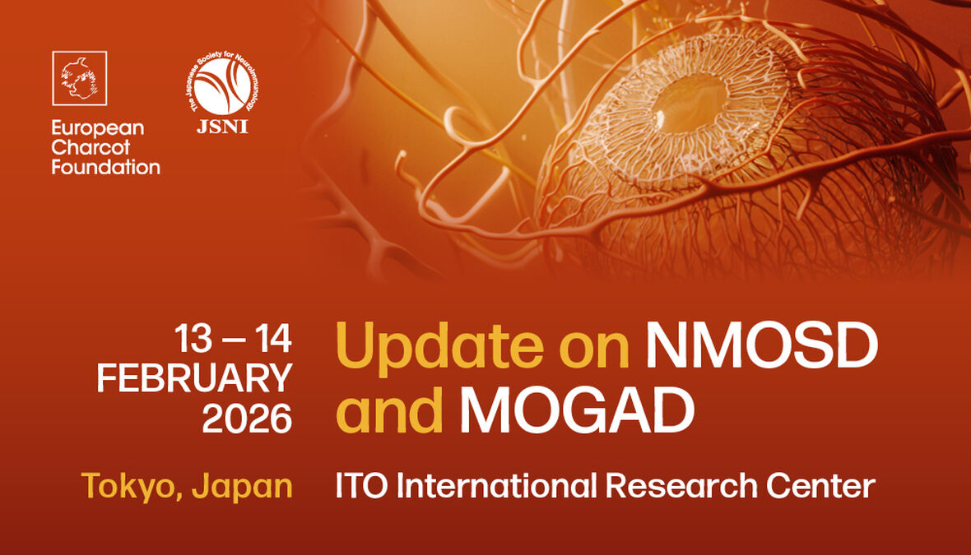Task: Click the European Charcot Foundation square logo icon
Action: coord(80,78)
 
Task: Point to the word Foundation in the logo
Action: coord(105,167)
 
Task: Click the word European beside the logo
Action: coord(97,128)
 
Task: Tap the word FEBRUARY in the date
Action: coord(194,377)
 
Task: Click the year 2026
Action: coord(247,419)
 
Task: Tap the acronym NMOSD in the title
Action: coord(761,346)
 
